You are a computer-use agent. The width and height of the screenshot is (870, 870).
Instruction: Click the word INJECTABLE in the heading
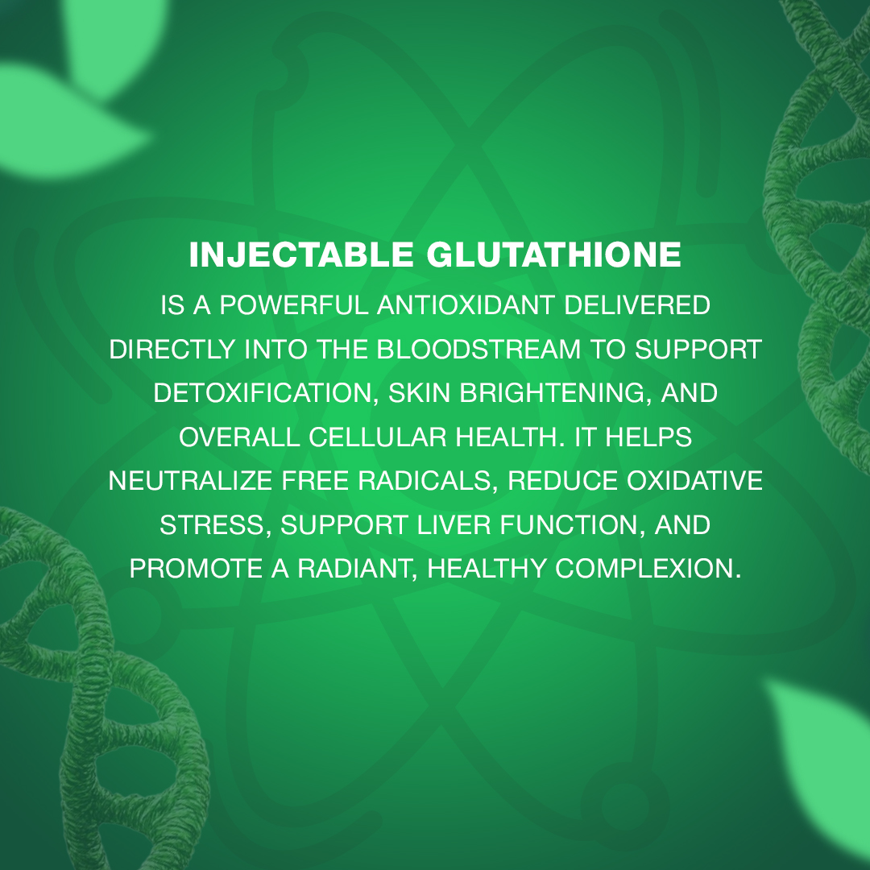pyautogui.click(x=301, y=255)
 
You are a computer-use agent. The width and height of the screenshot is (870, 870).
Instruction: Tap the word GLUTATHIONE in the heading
pyautogui.click(x=553, y=255)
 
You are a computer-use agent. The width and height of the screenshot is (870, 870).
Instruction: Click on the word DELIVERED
pyautogui.click(x=637, y=305)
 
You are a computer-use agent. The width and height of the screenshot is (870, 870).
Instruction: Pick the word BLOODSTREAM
pyautogui.click(x=478, y=349)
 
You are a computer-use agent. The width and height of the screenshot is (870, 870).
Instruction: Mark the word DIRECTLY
pyautogui.click(x=172, y=349)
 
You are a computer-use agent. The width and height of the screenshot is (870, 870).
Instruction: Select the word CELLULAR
pyautogui.click(x=377, y=437)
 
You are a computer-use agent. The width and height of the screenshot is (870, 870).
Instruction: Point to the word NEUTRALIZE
pyautogui.click(x=190, y=480)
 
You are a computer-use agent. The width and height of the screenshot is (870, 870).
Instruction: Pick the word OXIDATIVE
pyautogui.click(x=694, y=480)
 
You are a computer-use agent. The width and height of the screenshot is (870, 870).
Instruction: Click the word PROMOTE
pyautogui.click(x=196, y=568)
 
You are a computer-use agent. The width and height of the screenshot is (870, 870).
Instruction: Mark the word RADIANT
pyautogui.click(x=358, y=568)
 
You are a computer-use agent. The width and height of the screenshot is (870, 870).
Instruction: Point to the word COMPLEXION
pyautogui.click(x=648, y=568)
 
